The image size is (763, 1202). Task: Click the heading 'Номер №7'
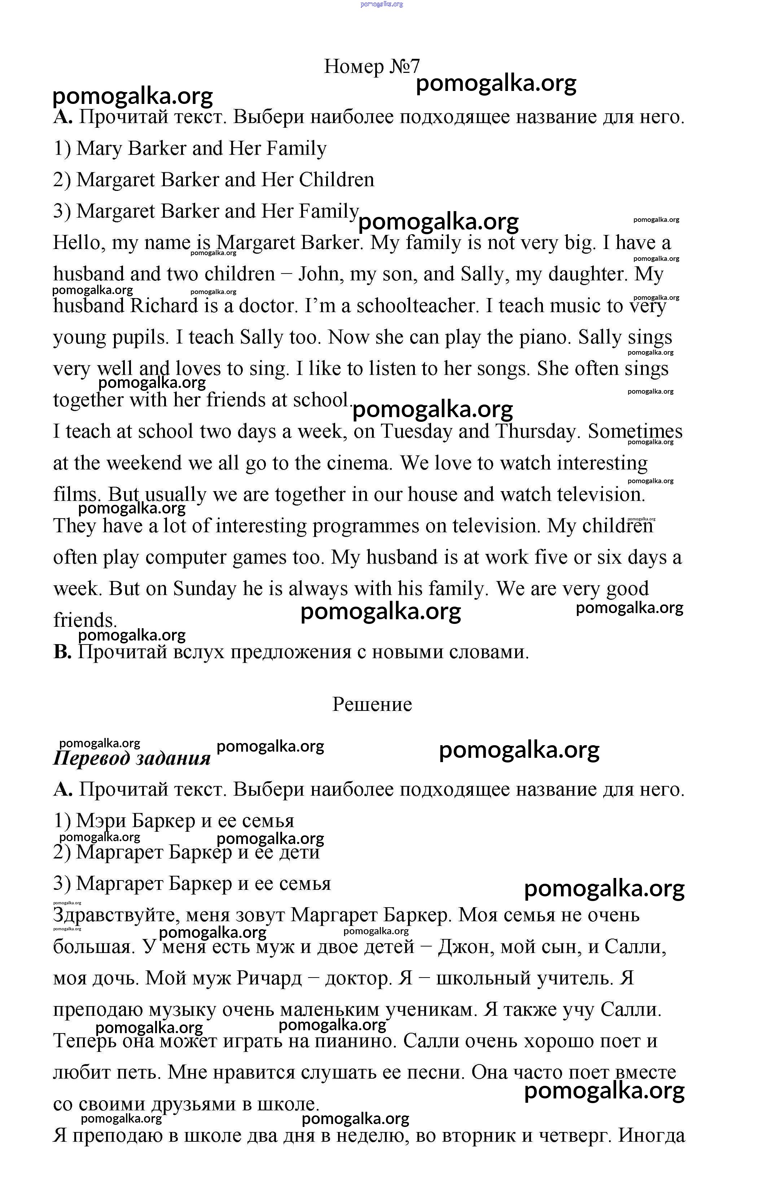point(372,66)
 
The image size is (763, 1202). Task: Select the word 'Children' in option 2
point(336,180)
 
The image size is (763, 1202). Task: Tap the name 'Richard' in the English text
point(164,306)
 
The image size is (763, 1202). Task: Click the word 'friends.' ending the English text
point(85,620)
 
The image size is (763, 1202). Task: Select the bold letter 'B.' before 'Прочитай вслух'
point(63,652)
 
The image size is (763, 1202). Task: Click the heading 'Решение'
point(372,704)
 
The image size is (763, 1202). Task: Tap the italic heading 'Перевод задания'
point(132,758)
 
